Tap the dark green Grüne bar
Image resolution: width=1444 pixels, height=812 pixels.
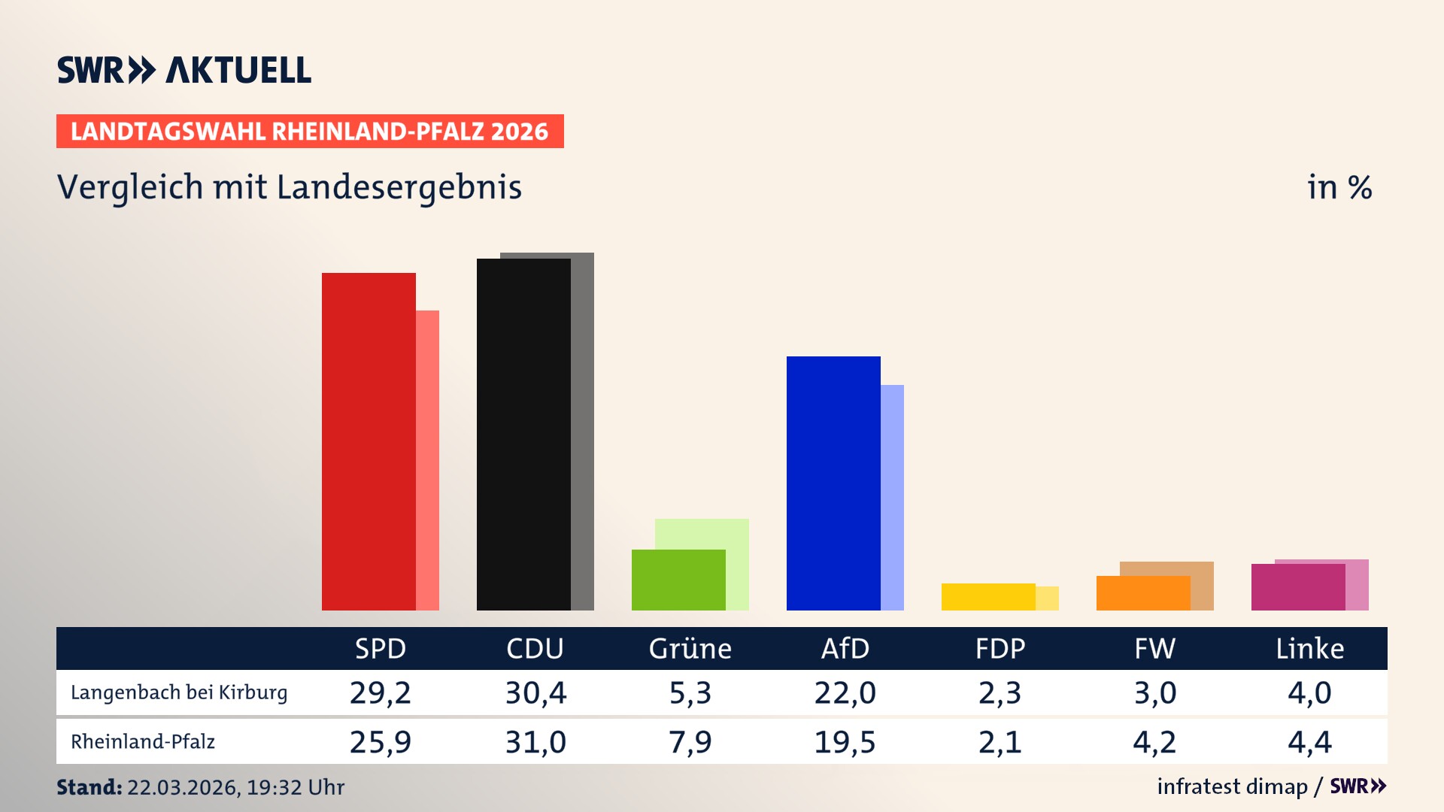(678, 580)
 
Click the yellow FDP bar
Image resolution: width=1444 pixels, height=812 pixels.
(988, 596)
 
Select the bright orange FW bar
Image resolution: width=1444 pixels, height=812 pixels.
(1143, 592)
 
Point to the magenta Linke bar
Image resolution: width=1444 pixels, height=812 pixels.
(1298, 586)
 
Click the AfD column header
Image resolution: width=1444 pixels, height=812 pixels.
(845, 648)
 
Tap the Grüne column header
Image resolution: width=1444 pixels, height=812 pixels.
(690, 648)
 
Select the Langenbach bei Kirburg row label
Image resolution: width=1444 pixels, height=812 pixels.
(179, 692)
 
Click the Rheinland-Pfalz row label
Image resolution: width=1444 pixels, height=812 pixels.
(143, 742)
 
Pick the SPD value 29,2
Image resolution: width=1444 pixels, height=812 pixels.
(381, 692)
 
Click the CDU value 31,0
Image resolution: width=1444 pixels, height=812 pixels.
(535, 742)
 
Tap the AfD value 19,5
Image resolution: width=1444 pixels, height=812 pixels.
(845, 742)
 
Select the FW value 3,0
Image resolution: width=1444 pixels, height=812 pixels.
(1154, 692)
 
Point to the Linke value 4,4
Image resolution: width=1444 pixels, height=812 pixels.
(1309, 742)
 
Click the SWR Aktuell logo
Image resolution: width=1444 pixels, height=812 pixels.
(184, 70)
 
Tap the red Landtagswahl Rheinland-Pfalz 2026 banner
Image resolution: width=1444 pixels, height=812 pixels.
(310, 131)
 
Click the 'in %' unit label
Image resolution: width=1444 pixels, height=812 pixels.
(1339, 187)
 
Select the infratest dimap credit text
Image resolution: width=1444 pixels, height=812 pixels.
(1232, 786)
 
